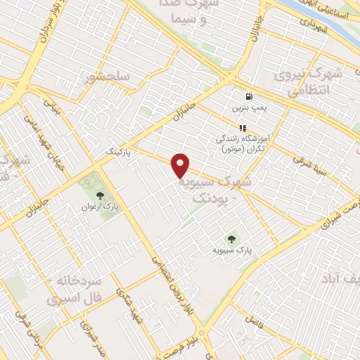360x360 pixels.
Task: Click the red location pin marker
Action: pyautogui.click(x=181, y=166)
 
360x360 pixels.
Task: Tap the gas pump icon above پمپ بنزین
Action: pyautogui.click(x=248, y=96)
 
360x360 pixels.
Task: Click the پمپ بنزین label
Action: pyautogui.click(x=248, y=109)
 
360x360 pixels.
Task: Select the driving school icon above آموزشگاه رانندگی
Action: pyautogui.click(x=243, y=128)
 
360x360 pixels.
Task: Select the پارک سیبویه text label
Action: pyautogui.click(x=233, y=250)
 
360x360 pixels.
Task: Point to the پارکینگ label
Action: pyautogui.click(x=118, y=151)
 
